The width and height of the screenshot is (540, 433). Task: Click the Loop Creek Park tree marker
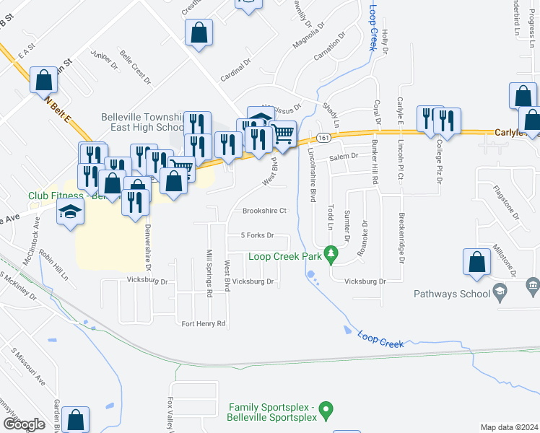(x=331, y=253)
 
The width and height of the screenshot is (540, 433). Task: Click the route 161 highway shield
(x=323, y=137)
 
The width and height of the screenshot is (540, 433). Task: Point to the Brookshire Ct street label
(x=264, y=211)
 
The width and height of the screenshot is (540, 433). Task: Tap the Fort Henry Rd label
(x=204, y=323)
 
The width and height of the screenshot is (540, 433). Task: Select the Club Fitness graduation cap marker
(x=70, y=212)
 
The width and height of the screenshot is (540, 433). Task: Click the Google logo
(x=23, y=424)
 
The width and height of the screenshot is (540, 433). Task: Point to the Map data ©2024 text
(x=508, y=427)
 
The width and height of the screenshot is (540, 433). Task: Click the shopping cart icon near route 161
(x=283, y=133)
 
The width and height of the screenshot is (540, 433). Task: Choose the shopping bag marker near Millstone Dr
(x=476, y=263)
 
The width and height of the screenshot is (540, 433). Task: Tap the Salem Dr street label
(x=344, y=157)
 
